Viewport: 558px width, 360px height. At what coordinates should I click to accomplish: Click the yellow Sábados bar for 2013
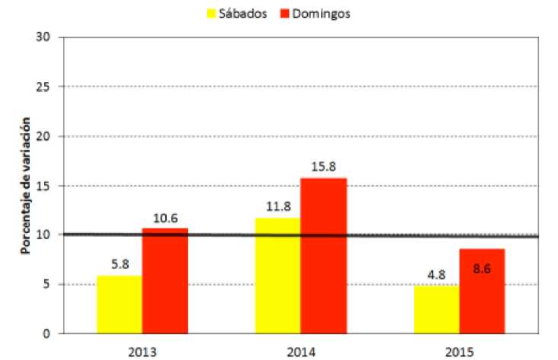pyautogui.click(x=120, y=304)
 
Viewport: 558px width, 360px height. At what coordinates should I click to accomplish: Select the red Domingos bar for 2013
pyautogui.click(x=165, y=281)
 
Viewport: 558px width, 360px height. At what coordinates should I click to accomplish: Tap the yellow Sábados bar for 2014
pyautogui.click(x=278, y=276)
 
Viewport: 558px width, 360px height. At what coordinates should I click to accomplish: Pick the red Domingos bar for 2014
pyautogui.click(x=324, y=256)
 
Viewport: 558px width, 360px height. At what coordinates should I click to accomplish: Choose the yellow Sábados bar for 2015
pyautogui.click(x=437, y=310)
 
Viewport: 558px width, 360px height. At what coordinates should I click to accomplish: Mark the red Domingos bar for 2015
pyautogui.click(x=482, y=292)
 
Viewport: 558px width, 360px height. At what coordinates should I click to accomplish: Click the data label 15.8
pyautogui.click(x=324, y=167)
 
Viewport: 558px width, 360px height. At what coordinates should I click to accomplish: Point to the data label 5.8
pyautogui.click(x=120, y=264)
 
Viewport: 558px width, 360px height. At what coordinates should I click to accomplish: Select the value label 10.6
pyautogui.click(x=165, y=218)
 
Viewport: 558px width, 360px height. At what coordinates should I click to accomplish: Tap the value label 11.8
pyautogui.click(x=279, y=206)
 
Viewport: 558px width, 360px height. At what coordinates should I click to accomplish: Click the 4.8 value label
pyautogui.click(x=437, y=275)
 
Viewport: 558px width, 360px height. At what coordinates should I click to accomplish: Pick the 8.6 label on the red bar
pyautogui.click(x=482, y=269)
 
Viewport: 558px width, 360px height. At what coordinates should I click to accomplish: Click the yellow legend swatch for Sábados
pyautogui.click(x=212, y=14)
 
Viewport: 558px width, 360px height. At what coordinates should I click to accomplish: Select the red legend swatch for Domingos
pyautogui.click(x=285, y=14)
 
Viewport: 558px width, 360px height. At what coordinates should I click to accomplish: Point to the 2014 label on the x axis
pyautogui.click(x=301, y=352)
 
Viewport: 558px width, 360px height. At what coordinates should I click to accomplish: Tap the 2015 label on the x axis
pyautogui.click(x=460, y=352)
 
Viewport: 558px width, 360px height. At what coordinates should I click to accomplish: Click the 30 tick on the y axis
pyautogui.click(x=43, y=37)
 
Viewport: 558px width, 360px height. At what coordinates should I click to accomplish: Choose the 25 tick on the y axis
pyautogui.click(x=43, y=87)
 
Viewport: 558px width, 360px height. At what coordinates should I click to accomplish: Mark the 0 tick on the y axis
pyautogui.click(x=46, y=333)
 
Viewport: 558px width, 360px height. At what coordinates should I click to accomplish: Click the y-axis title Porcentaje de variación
pyautogui.click(x=25, y=186)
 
